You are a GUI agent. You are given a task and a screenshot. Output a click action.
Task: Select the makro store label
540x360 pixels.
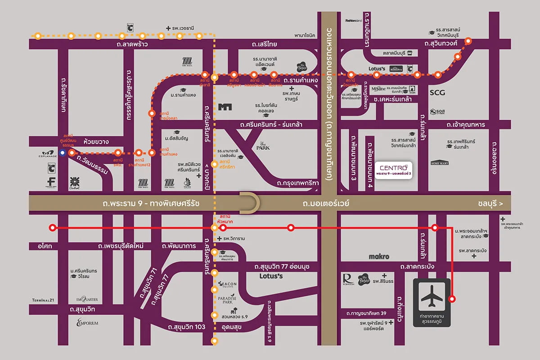[x=378, y=256]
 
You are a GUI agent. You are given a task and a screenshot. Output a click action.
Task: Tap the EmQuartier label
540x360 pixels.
[x=87, y=300]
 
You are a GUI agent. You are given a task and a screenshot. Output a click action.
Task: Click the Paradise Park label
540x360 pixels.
[x=230, y=298]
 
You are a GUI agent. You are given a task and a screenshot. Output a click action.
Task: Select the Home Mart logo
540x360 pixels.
[x=441, y=163]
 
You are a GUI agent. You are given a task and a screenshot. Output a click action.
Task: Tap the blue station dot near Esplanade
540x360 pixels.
[x=62, y=153]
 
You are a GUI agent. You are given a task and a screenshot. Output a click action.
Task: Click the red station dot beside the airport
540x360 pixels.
[x=452, y=298]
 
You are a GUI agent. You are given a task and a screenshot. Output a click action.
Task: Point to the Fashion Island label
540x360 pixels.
[x=354, y=21]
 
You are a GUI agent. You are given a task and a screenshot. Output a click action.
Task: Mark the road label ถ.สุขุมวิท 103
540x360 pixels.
[x=186, y=327]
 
